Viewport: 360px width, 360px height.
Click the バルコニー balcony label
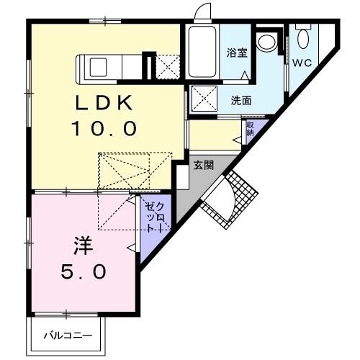coord(66,335)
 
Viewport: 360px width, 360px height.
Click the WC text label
coord(301,62)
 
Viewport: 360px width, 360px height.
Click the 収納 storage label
coord(250,129)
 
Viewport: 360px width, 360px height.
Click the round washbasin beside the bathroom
coord(268,41)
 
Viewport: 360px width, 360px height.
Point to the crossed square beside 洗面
coord(203,99)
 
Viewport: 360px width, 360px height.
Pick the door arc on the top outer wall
coord(203,12)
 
